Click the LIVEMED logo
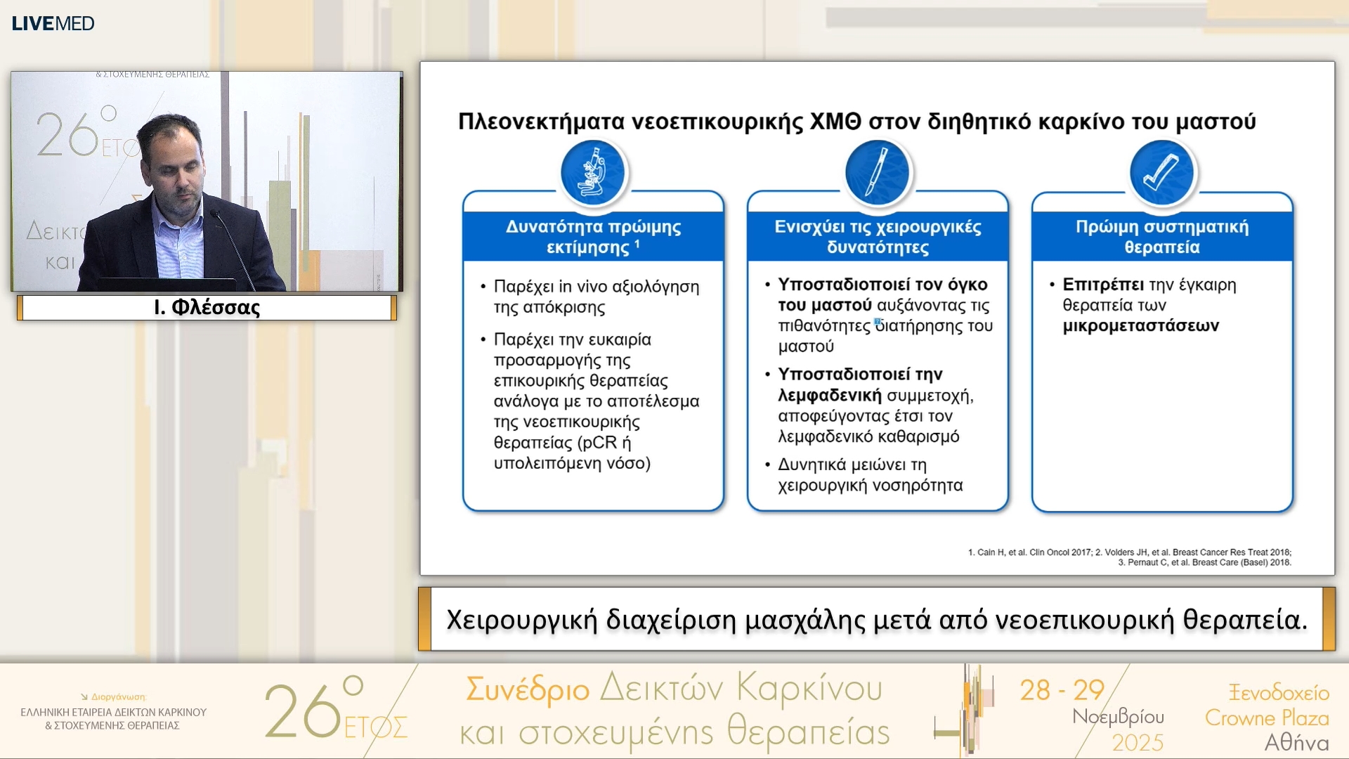pos(53,23)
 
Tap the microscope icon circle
pos(593,173)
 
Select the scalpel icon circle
pos(877,173)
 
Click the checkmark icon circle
pos(1161,173)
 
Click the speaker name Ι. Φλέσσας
pos(207,308)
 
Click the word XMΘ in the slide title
pos(835,122)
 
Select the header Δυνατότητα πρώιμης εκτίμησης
pos(593,237)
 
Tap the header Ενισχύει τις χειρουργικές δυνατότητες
pos(877,237)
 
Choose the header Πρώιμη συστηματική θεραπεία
pos(1161,237)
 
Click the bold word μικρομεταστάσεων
pos(1140,326)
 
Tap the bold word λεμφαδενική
pos(829,396)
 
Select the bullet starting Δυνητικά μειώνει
pos(870,475)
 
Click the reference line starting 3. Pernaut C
pos(1204,562)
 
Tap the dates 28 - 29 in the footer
pos(1062,690)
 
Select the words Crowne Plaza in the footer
pos(1266,718)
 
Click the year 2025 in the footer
pos(1138,743)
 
